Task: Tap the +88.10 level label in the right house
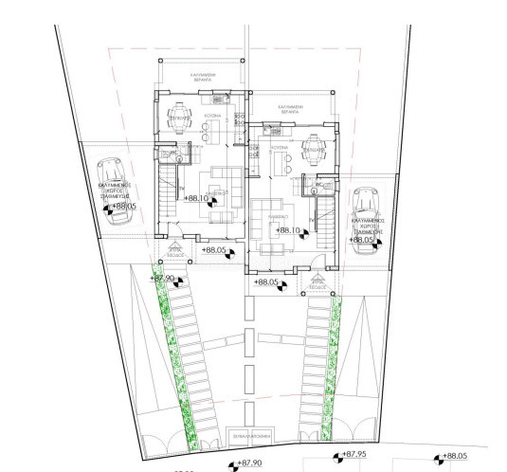288,230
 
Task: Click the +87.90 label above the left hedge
164,278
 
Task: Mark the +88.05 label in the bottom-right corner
455,456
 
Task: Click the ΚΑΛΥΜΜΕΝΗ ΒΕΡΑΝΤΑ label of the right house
295,109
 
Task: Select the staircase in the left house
168,204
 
